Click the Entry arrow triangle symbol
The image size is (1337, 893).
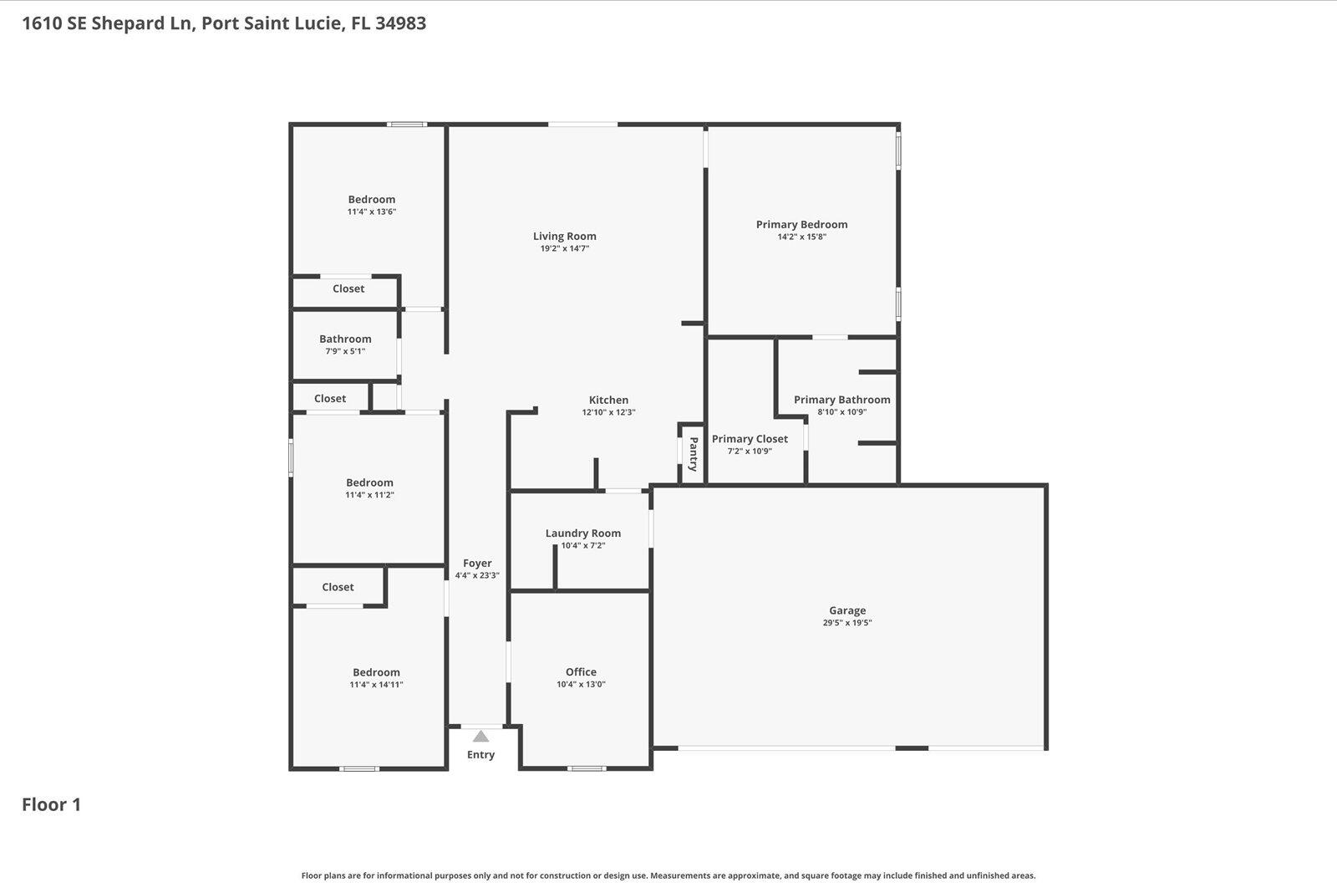tap(480, 737)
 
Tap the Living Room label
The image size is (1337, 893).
tap(565, 236)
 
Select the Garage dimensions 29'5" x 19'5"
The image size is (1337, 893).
tap(847, 623)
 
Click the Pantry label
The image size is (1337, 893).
tap(693, 455)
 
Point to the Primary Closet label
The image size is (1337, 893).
tap(750, 439)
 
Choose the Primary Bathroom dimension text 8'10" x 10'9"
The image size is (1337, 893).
tap(841, 412)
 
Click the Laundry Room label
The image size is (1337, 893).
tap(582, 533)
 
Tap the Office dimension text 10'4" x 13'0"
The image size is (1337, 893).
tap(581, 685)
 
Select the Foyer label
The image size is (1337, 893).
tap(477, 564)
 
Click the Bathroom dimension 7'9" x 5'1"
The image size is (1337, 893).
tap(345, 351)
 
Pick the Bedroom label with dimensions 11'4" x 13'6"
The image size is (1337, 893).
tap(372, 199)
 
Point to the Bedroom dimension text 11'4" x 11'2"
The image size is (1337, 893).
tap(369, 495)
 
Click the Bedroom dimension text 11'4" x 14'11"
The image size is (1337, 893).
tap(376, 685)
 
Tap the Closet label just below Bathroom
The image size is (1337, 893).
tap(330, 399)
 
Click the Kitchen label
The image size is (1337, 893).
tap(608, 400)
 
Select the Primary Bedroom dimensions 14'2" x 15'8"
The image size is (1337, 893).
tap(801, 237)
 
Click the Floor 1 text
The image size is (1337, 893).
tap(51, 804)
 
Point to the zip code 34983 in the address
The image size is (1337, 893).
tap(400, 23)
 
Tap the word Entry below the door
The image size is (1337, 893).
tap(480, 755)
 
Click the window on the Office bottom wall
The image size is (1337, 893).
tap(587, 768)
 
